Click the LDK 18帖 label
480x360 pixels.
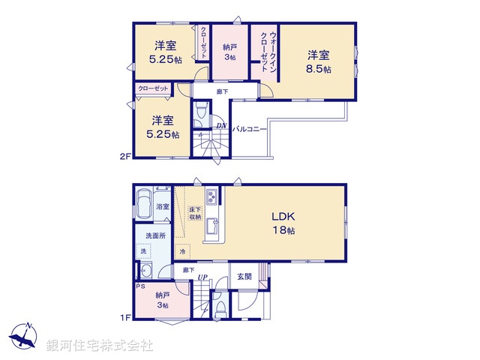(x=283, y=223)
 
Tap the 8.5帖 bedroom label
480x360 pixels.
(x=319, y=61)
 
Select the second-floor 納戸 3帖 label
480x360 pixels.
(x=229, y=52)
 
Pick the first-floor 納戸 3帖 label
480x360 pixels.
(x=161, y=300)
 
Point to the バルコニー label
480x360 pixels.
(x=250, y=129)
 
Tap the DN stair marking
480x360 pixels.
(x=221, y=125)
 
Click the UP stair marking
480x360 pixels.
(x=202, y=279)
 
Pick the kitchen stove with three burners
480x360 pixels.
(x=211, y=197)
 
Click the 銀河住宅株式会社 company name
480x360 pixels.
(x=99, y=346)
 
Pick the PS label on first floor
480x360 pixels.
(x=139, y=286)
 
